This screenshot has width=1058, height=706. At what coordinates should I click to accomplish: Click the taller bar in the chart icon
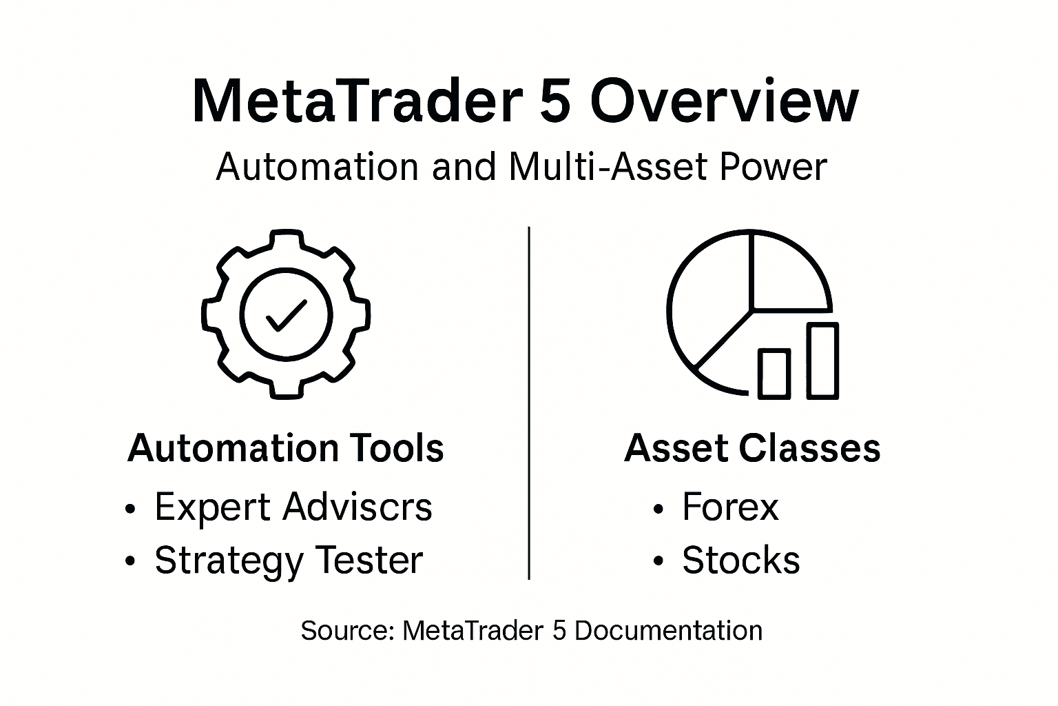822,361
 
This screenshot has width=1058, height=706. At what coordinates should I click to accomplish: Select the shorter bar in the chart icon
774,373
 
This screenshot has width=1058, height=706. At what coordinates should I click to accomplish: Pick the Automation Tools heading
286,448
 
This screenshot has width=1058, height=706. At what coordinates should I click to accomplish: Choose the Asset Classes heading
752,448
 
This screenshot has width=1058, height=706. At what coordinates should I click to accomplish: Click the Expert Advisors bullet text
293,507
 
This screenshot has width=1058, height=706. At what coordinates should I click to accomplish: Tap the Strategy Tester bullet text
289,561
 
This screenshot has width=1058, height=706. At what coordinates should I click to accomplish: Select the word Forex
730,507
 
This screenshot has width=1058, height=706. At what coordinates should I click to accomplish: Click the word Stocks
741,561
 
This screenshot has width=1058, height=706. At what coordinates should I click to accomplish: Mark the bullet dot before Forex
658,510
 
